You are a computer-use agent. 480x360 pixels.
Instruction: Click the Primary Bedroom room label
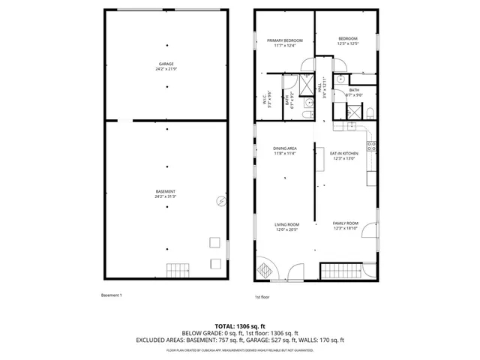[284, 39]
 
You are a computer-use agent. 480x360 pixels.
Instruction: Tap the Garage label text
[166, 64]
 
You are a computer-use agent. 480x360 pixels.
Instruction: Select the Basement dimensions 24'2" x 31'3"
[166, 197]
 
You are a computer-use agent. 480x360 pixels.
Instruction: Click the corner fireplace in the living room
[265, 268]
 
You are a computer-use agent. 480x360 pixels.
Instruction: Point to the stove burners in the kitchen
[369, 142]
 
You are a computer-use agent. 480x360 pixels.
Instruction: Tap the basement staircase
[178, 270]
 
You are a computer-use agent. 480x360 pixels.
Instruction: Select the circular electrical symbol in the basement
[220, 201]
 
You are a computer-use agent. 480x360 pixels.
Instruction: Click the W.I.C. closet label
[265, 99]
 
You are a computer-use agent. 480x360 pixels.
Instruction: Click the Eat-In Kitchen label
[345, 153]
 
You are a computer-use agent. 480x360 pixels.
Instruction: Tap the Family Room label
[346, 223]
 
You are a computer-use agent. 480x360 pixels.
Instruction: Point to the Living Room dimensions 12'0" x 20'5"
[286, 229]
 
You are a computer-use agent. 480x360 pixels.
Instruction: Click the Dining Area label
[284, 148]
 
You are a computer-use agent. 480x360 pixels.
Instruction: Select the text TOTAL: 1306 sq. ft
[240, 326]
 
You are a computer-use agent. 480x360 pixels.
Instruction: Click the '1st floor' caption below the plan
[262, 297]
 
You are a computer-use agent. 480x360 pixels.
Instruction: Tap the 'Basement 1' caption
[111, 295]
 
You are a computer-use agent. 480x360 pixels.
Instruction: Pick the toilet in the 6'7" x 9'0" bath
[370, 112]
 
